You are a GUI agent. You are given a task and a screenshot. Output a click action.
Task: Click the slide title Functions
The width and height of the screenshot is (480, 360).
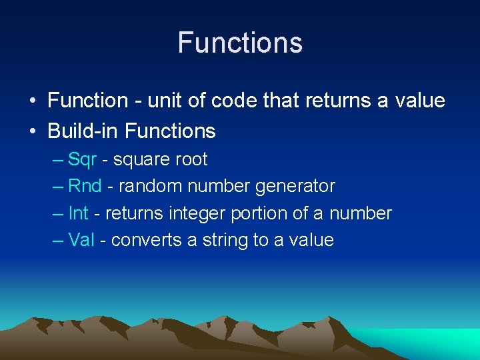240,43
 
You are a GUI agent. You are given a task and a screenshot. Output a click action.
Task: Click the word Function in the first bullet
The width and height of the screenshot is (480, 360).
88,101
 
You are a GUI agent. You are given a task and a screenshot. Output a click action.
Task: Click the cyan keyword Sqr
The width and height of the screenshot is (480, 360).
83,160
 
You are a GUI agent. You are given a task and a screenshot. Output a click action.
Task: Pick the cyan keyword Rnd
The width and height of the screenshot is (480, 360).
85,186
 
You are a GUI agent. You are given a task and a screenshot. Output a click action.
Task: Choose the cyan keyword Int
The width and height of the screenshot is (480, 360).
78,213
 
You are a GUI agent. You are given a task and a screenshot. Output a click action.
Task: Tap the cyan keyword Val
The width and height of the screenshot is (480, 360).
81,240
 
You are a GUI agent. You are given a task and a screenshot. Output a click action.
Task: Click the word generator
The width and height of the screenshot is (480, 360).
295,187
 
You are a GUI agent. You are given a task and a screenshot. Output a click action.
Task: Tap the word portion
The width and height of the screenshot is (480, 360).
261,214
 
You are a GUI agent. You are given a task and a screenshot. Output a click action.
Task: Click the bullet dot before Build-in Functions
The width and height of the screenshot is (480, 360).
32,131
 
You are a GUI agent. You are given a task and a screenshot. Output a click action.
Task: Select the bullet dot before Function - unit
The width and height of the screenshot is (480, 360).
32,101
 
